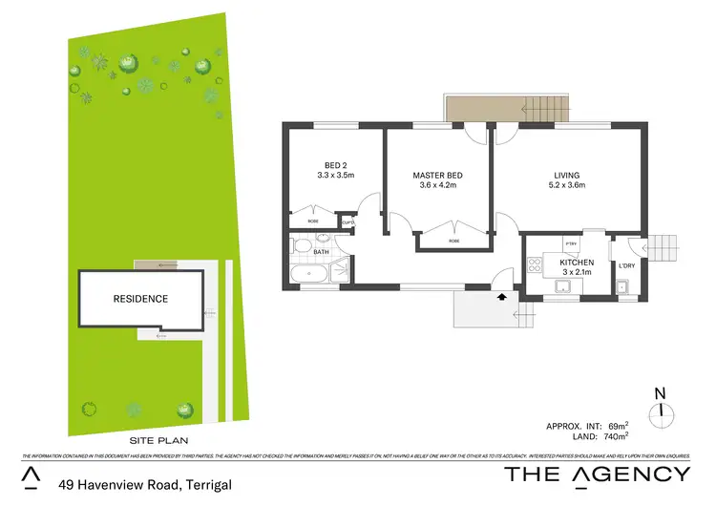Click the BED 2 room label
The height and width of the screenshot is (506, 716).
click(335, 164)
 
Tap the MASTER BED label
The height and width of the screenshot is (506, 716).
click(438, 176)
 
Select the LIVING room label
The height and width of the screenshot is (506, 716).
click(567, 175)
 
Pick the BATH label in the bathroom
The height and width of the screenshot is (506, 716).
click(321, 254)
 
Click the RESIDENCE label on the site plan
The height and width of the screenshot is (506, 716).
click(140, 299)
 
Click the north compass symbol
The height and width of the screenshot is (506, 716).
click(660, 411)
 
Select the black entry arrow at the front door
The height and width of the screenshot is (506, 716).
click(502, 297)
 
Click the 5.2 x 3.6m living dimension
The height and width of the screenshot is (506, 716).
click(567, 185)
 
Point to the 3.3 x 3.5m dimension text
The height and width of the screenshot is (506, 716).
click(335, 176)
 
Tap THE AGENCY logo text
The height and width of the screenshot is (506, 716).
click(596, 474)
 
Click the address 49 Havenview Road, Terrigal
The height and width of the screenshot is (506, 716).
click(143, 484)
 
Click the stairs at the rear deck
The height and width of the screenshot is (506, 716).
click(545, 110)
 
